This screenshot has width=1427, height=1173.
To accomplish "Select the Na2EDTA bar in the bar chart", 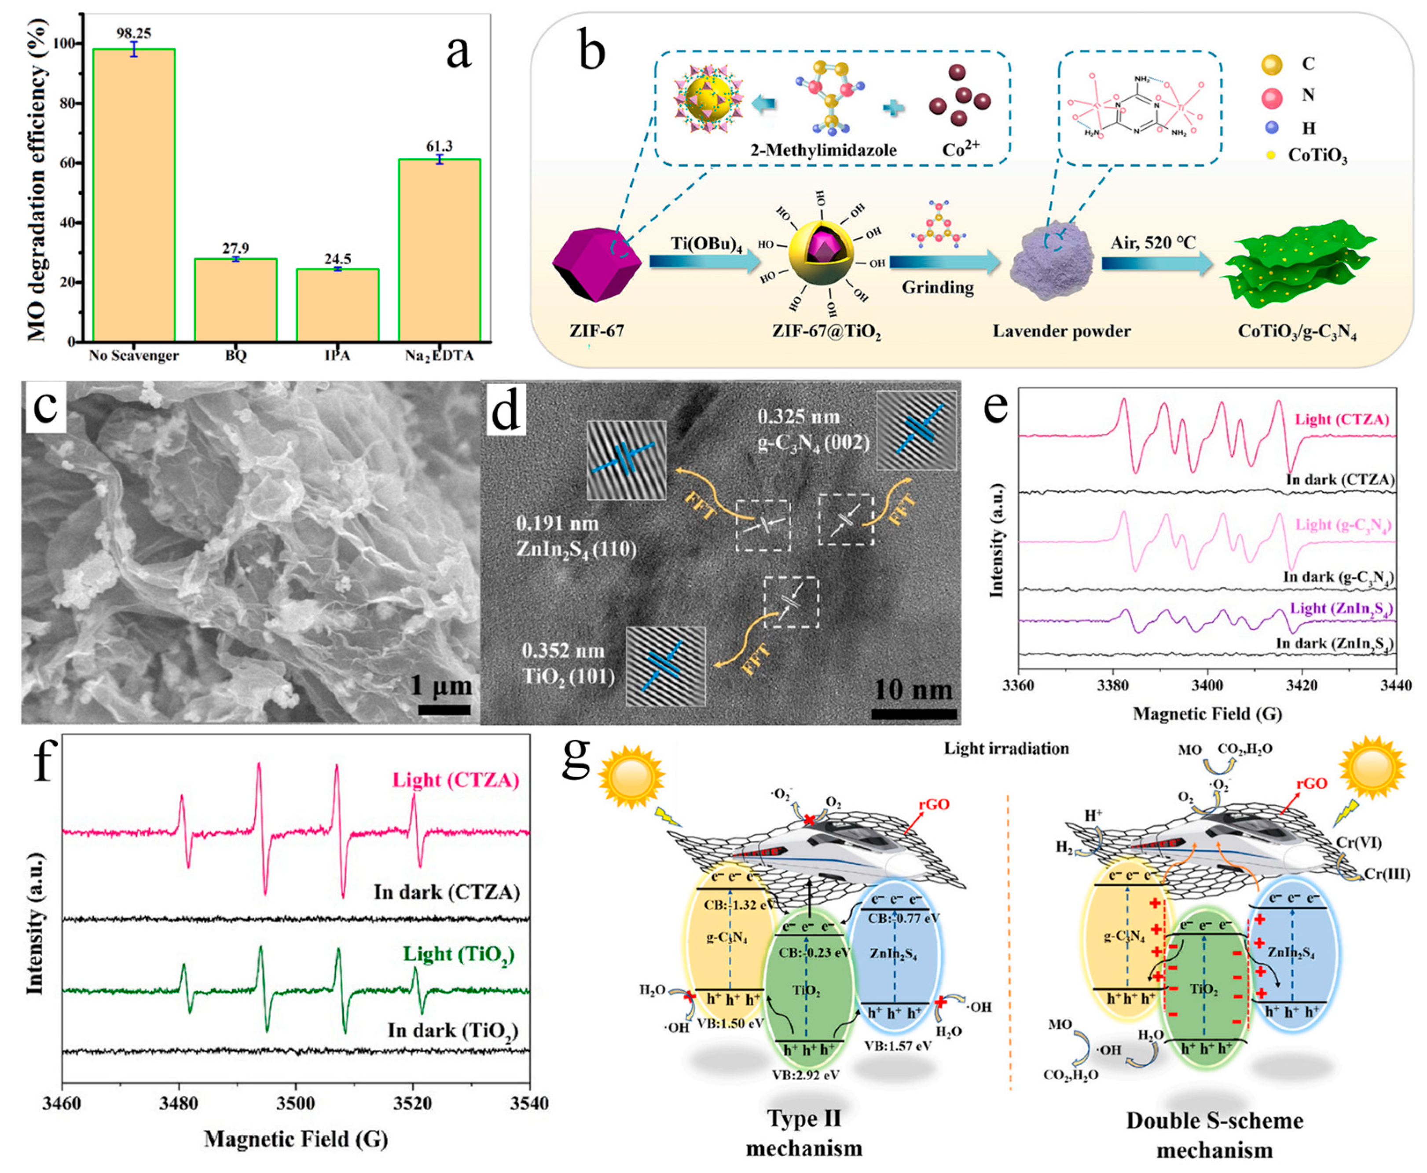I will click(x=440, y=250).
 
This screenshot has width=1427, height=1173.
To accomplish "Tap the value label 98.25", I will click(x=133, y=33).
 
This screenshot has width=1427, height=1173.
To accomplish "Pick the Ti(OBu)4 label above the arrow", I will click(x=706, y=244).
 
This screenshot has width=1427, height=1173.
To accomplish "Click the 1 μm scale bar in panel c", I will click(x=444, y=709).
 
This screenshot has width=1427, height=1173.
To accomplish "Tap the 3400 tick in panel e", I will click(x=1207, y=685).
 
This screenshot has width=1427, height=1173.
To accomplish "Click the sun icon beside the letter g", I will click(x=632, y=772).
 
